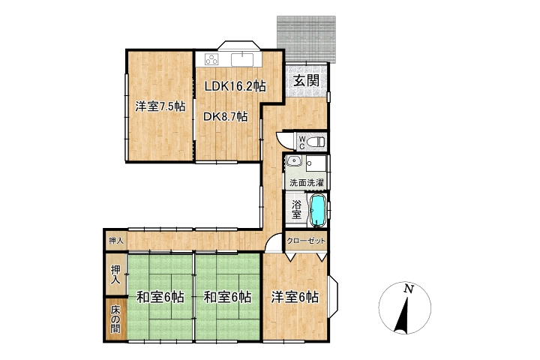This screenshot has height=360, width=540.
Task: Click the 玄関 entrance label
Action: [x=306, y=80]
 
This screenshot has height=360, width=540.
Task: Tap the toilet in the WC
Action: [x=316, y=141]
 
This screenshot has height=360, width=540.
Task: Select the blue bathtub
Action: [x=318, y=211]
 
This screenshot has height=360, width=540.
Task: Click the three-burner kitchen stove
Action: [x=211, y=59]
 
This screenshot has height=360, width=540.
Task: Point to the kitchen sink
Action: [x=242, y=59]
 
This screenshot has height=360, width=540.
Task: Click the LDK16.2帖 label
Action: [x=235, y=86]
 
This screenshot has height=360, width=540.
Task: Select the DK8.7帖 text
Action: [x=225, y=117]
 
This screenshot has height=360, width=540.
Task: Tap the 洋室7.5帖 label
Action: [x=160, y=106]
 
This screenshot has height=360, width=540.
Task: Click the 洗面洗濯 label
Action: [x=306, y=182]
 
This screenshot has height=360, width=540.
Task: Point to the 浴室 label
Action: [x=296, y=210]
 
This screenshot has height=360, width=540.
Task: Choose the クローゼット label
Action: [x=306, y=241]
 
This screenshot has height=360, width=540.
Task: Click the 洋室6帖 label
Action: [x=295, y=297]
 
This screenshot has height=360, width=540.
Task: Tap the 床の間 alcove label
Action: [x=115, y=319]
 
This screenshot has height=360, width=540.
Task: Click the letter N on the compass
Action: [x=409, y=289]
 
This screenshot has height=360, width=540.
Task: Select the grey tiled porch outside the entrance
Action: [x=306, y=38]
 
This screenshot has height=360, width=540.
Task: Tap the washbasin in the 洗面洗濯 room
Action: [x=294, y=161]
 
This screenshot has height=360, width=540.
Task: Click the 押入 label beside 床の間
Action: [x=115, y=274]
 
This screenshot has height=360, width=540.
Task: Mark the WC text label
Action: [x=301, y=142]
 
